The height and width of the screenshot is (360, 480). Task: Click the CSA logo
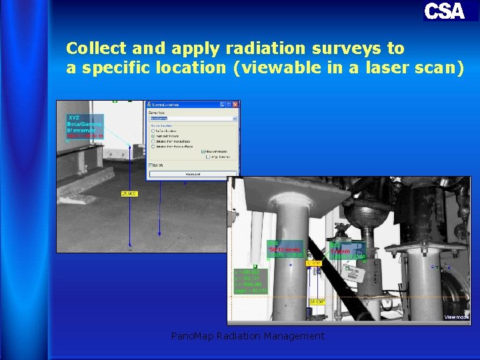click(444, 11)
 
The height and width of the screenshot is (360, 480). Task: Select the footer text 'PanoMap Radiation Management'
click(247, 336)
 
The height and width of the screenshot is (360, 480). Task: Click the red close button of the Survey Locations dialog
click(235, 105)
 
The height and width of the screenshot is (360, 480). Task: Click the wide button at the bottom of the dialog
click(192, 174)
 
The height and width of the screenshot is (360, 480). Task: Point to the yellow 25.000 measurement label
click(129, 193)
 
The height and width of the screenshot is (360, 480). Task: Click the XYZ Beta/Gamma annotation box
click(85, 127)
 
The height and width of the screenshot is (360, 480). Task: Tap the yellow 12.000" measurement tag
click(313, 263)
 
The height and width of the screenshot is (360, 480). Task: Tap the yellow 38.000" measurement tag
click(317, 302)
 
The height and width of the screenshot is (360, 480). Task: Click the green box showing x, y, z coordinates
click(251, 281)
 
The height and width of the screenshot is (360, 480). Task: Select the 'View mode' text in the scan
click(456, 317)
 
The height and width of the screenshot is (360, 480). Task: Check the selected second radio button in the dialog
click(153, 135)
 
